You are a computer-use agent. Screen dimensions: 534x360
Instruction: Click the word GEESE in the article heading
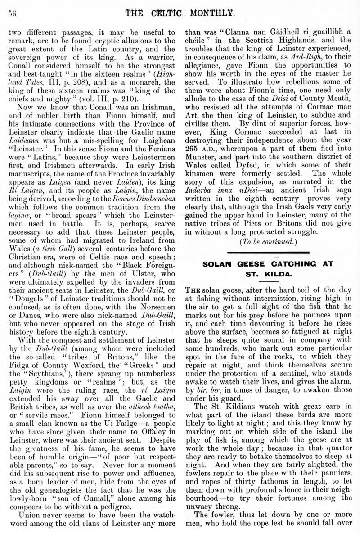click(252, 263)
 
